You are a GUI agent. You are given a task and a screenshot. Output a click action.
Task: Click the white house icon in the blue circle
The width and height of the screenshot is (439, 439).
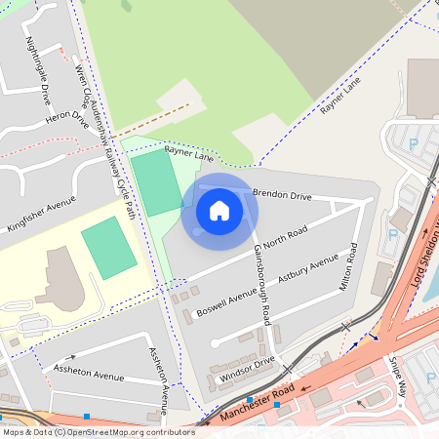(219, 211)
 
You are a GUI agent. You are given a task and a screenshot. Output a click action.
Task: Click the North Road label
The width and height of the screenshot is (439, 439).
(286, 236)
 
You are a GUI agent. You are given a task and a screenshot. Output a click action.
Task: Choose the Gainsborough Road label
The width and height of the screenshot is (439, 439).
(260, 278)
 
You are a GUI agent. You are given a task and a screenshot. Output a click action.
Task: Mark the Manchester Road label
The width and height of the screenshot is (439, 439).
(258, 403)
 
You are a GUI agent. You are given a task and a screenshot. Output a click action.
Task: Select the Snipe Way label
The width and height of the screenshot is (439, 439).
(397, 373)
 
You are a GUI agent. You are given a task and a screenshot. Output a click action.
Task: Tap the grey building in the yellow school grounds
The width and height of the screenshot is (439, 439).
(64, 279)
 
